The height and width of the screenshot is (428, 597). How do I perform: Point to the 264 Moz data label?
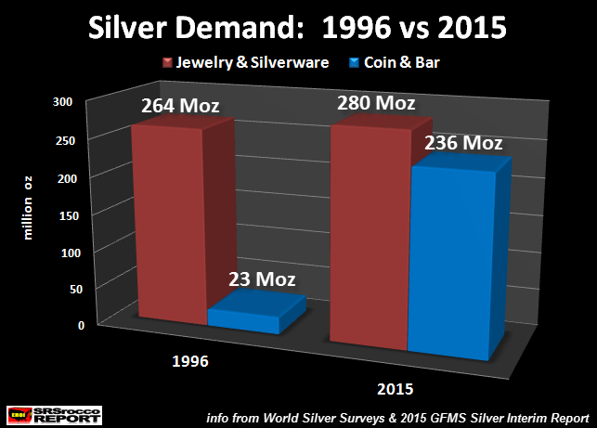pos(176,104)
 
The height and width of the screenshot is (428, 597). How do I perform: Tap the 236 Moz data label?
pos(462,143)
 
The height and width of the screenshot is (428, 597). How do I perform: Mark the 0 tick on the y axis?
pos(82,326)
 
